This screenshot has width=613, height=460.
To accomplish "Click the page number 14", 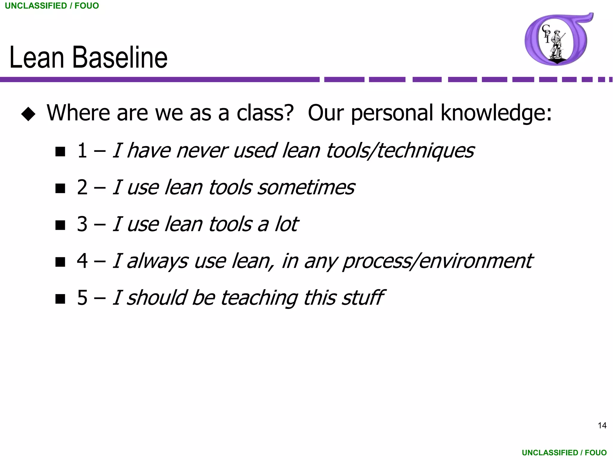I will (x=602, y=425).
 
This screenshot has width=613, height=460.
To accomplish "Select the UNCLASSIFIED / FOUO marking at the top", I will (x=52, y=6).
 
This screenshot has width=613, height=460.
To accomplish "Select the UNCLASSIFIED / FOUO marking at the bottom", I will (x=564, y=453).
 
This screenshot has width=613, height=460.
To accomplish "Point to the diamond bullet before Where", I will (x=28, y=114).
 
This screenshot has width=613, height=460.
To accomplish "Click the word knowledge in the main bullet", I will (x=496, y=113).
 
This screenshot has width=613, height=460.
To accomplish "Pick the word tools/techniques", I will (x=400, y=151).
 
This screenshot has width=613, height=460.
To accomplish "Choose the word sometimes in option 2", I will (x=306, y=188).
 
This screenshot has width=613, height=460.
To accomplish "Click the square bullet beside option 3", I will (x=60, y=225).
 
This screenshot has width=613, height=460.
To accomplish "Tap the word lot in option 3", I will (x=286, y=224).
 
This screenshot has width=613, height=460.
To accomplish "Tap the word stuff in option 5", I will (x=363, y=298).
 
